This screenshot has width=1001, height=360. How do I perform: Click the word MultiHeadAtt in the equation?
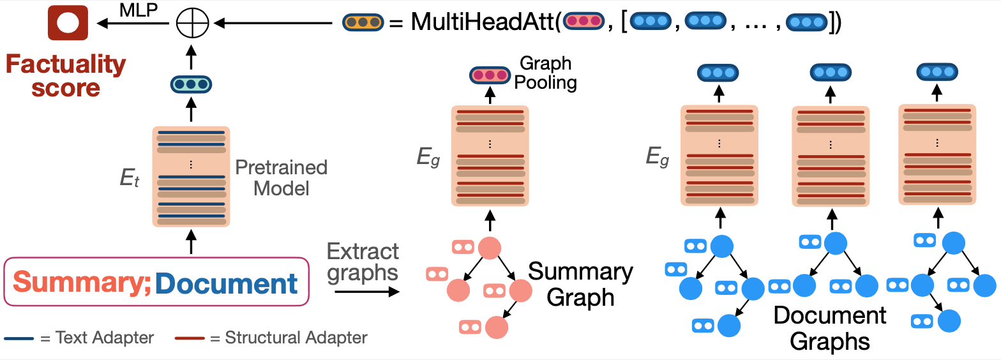pos(483,22)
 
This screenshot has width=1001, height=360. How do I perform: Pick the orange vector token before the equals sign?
pos(362,22)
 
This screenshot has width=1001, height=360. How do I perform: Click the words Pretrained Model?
pos(281,178)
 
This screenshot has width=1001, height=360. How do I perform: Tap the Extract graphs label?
pos(363,261)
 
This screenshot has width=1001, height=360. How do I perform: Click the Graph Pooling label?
pos(547,73)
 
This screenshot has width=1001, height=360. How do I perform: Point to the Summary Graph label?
pos(580,284)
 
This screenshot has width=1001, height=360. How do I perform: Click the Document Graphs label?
pos(829,328)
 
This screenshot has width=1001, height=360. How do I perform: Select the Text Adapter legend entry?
pos(80,338)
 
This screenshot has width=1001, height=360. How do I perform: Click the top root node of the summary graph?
pos(489,248)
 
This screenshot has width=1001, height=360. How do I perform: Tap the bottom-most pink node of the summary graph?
pos(495,327)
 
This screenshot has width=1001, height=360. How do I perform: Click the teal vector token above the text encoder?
pos(190,84)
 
